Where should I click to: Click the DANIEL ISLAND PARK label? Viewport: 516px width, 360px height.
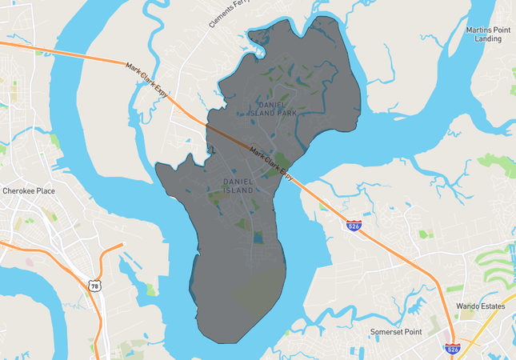pyautogui.click(x=277, y=109)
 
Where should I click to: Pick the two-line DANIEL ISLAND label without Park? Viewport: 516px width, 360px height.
pyautogui.click(x=238, y=186)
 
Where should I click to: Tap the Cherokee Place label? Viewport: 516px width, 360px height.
pyautogui.click(x=29, y=191)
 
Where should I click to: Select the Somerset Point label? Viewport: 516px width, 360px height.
pyautogui.click(x=394, y=331)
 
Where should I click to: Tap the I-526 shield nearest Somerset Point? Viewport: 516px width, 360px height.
pyautogui.click(x=452, y=349)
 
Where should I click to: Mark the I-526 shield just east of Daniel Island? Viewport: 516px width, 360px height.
pyautogui.click(x=354, y=226)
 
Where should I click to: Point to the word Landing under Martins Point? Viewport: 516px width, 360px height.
pyautogui.click(x=488, y=38)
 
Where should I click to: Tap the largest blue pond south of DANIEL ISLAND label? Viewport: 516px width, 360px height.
pyautogui.click(x=258, y=237)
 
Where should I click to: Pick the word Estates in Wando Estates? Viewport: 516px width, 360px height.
pyautogui.click(x=491, y=306)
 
